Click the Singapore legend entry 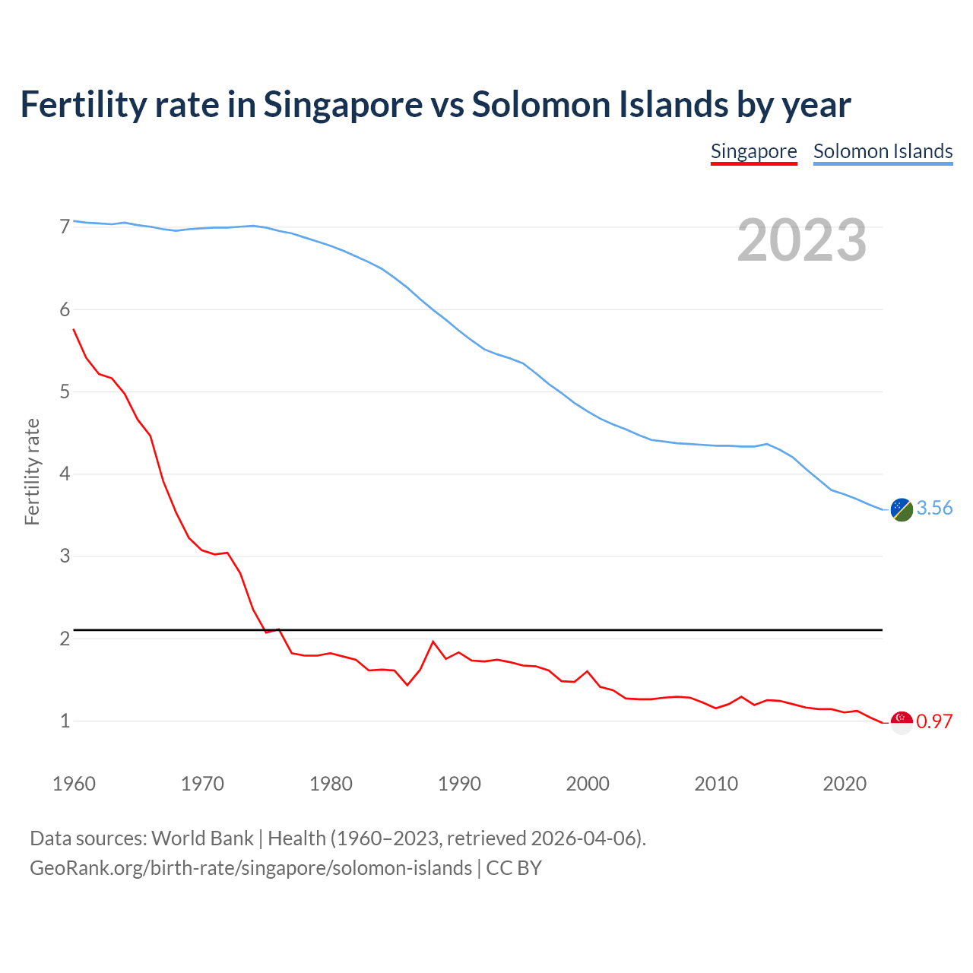pos(753,151)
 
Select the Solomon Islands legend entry pos(883,151)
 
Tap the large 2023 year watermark pos(802,240)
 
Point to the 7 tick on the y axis pos(65,227)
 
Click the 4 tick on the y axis pos(65,474)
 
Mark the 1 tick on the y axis pos(65,721)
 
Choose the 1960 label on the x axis pos(74,784)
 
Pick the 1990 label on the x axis pos(459,784)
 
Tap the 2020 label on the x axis pos(845,784)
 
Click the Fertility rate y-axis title pos(32,471)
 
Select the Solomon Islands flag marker pos(902,509)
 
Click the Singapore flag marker pos(902,722)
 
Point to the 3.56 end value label pos(934,509)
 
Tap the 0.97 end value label pos(934,721)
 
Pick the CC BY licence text pos(514,868)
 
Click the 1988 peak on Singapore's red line pos(433,642)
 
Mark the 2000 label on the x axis pos(588,784)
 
